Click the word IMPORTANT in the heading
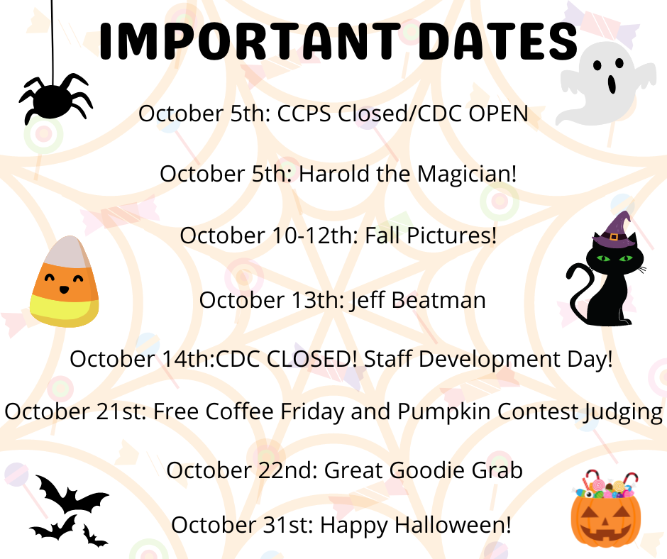[x=250, y=41]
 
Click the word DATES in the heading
[x=498, y=41]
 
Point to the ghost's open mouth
[x=612, y=84]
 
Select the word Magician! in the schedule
[x=467, y=175]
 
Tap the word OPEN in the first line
[x=498, y=114]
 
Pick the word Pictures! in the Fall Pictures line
[x=452, y=236]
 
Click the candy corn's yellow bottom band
[x=64, y=310]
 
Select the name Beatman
[x=438, y=300]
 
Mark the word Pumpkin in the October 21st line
[x=444, y=412]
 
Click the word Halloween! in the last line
[x=453, y=524]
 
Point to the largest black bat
[x=72, y=495]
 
